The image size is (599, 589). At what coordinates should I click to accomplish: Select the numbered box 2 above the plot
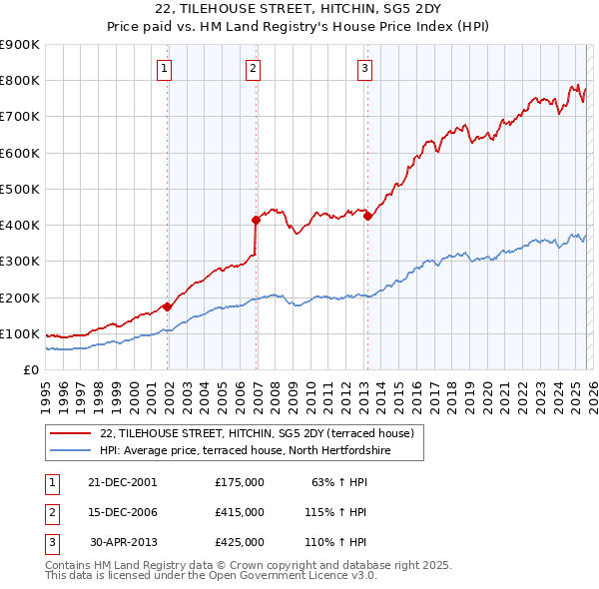[x=254, y=68]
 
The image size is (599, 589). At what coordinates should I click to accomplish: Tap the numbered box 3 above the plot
[x=365, y=68]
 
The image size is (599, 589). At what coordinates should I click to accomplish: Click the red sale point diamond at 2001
[x=168, y=306]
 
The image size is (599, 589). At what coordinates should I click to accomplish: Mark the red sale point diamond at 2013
[x=367, y=216]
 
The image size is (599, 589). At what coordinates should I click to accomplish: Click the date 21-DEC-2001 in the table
[x=122, y=481]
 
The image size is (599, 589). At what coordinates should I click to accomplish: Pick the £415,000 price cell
[x=240, y=511]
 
